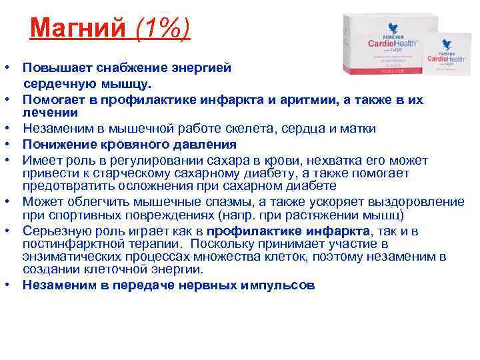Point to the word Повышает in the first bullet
click(x=53, y=68)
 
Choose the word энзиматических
click(x=67, y=256)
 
